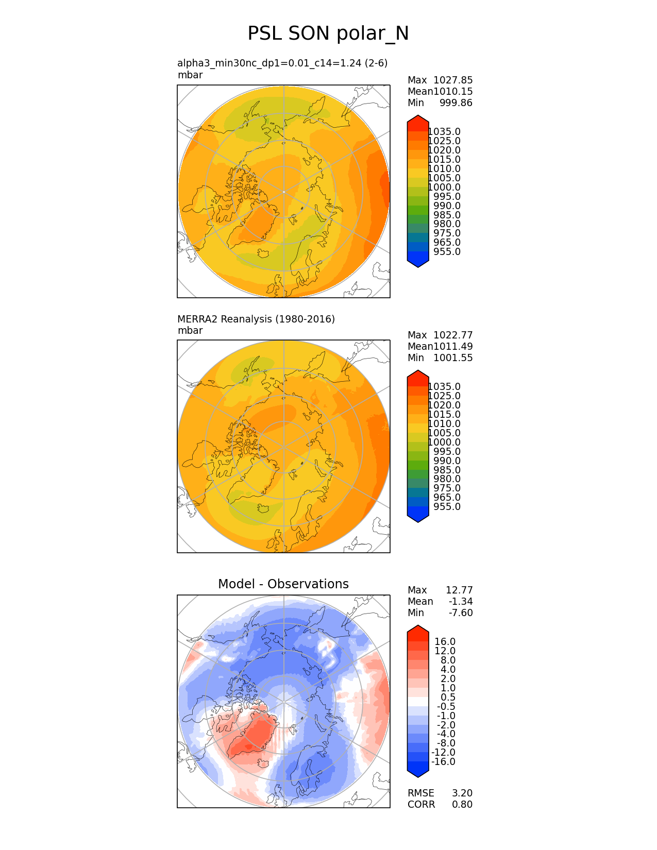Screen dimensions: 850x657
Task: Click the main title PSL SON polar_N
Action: tap(328, 33)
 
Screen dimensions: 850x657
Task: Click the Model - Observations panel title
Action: tap(283, 584)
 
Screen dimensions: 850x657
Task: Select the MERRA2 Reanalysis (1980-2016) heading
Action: tap(256, 319)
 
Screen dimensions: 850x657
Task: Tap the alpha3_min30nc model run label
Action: tap(282, 63)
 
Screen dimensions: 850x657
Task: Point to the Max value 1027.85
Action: tap(453, 80)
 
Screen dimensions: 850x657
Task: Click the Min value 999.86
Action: tap(456, 103)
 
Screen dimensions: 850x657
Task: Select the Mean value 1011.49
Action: tap(453, 346)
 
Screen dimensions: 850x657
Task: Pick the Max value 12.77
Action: tap(459, 590)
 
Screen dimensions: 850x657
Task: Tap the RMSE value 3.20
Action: tap(462, 793)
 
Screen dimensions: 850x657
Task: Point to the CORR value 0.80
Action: tap(462, 804)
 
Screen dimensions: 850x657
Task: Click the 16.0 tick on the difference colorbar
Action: tap(445, 641)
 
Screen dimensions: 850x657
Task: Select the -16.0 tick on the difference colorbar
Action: tap(444, 761)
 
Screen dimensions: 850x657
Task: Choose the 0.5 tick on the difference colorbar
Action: tap(448, 697)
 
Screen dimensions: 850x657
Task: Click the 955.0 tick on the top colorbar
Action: tap(447, 251)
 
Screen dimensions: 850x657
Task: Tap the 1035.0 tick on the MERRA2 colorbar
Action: tap(444, 386)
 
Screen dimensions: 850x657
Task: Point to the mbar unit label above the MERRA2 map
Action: tap(190, 330)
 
